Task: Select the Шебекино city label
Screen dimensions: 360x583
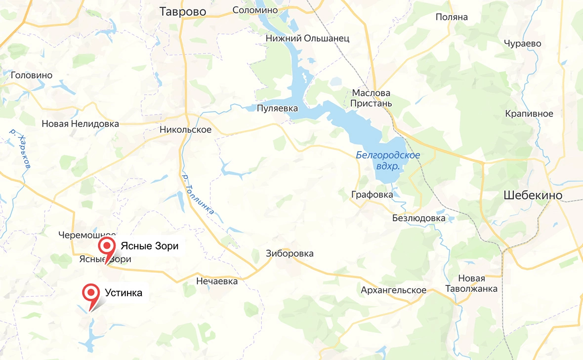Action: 533,196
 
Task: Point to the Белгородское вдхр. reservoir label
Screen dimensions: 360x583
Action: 388,161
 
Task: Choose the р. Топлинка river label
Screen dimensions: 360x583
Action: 198,194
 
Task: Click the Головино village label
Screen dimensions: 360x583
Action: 32,75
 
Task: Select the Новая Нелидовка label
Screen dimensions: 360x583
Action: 80,123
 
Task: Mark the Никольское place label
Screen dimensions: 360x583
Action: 185,130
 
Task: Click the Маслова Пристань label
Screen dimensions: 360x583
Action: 371,98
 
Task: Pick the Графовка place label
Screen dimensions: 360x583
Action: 372,195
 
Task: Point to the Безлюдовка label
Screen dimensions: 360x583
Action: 418,218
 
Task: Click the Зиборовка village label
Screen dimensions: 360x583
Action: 290,253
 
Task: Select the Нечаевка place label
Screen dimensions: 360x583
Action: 217,281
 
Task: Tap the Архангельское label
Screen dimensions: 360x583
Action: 393,290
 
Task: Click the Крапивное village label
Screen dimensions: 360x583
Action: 529,114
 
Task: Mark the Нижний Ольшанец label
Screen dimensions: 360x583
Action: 307,38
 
